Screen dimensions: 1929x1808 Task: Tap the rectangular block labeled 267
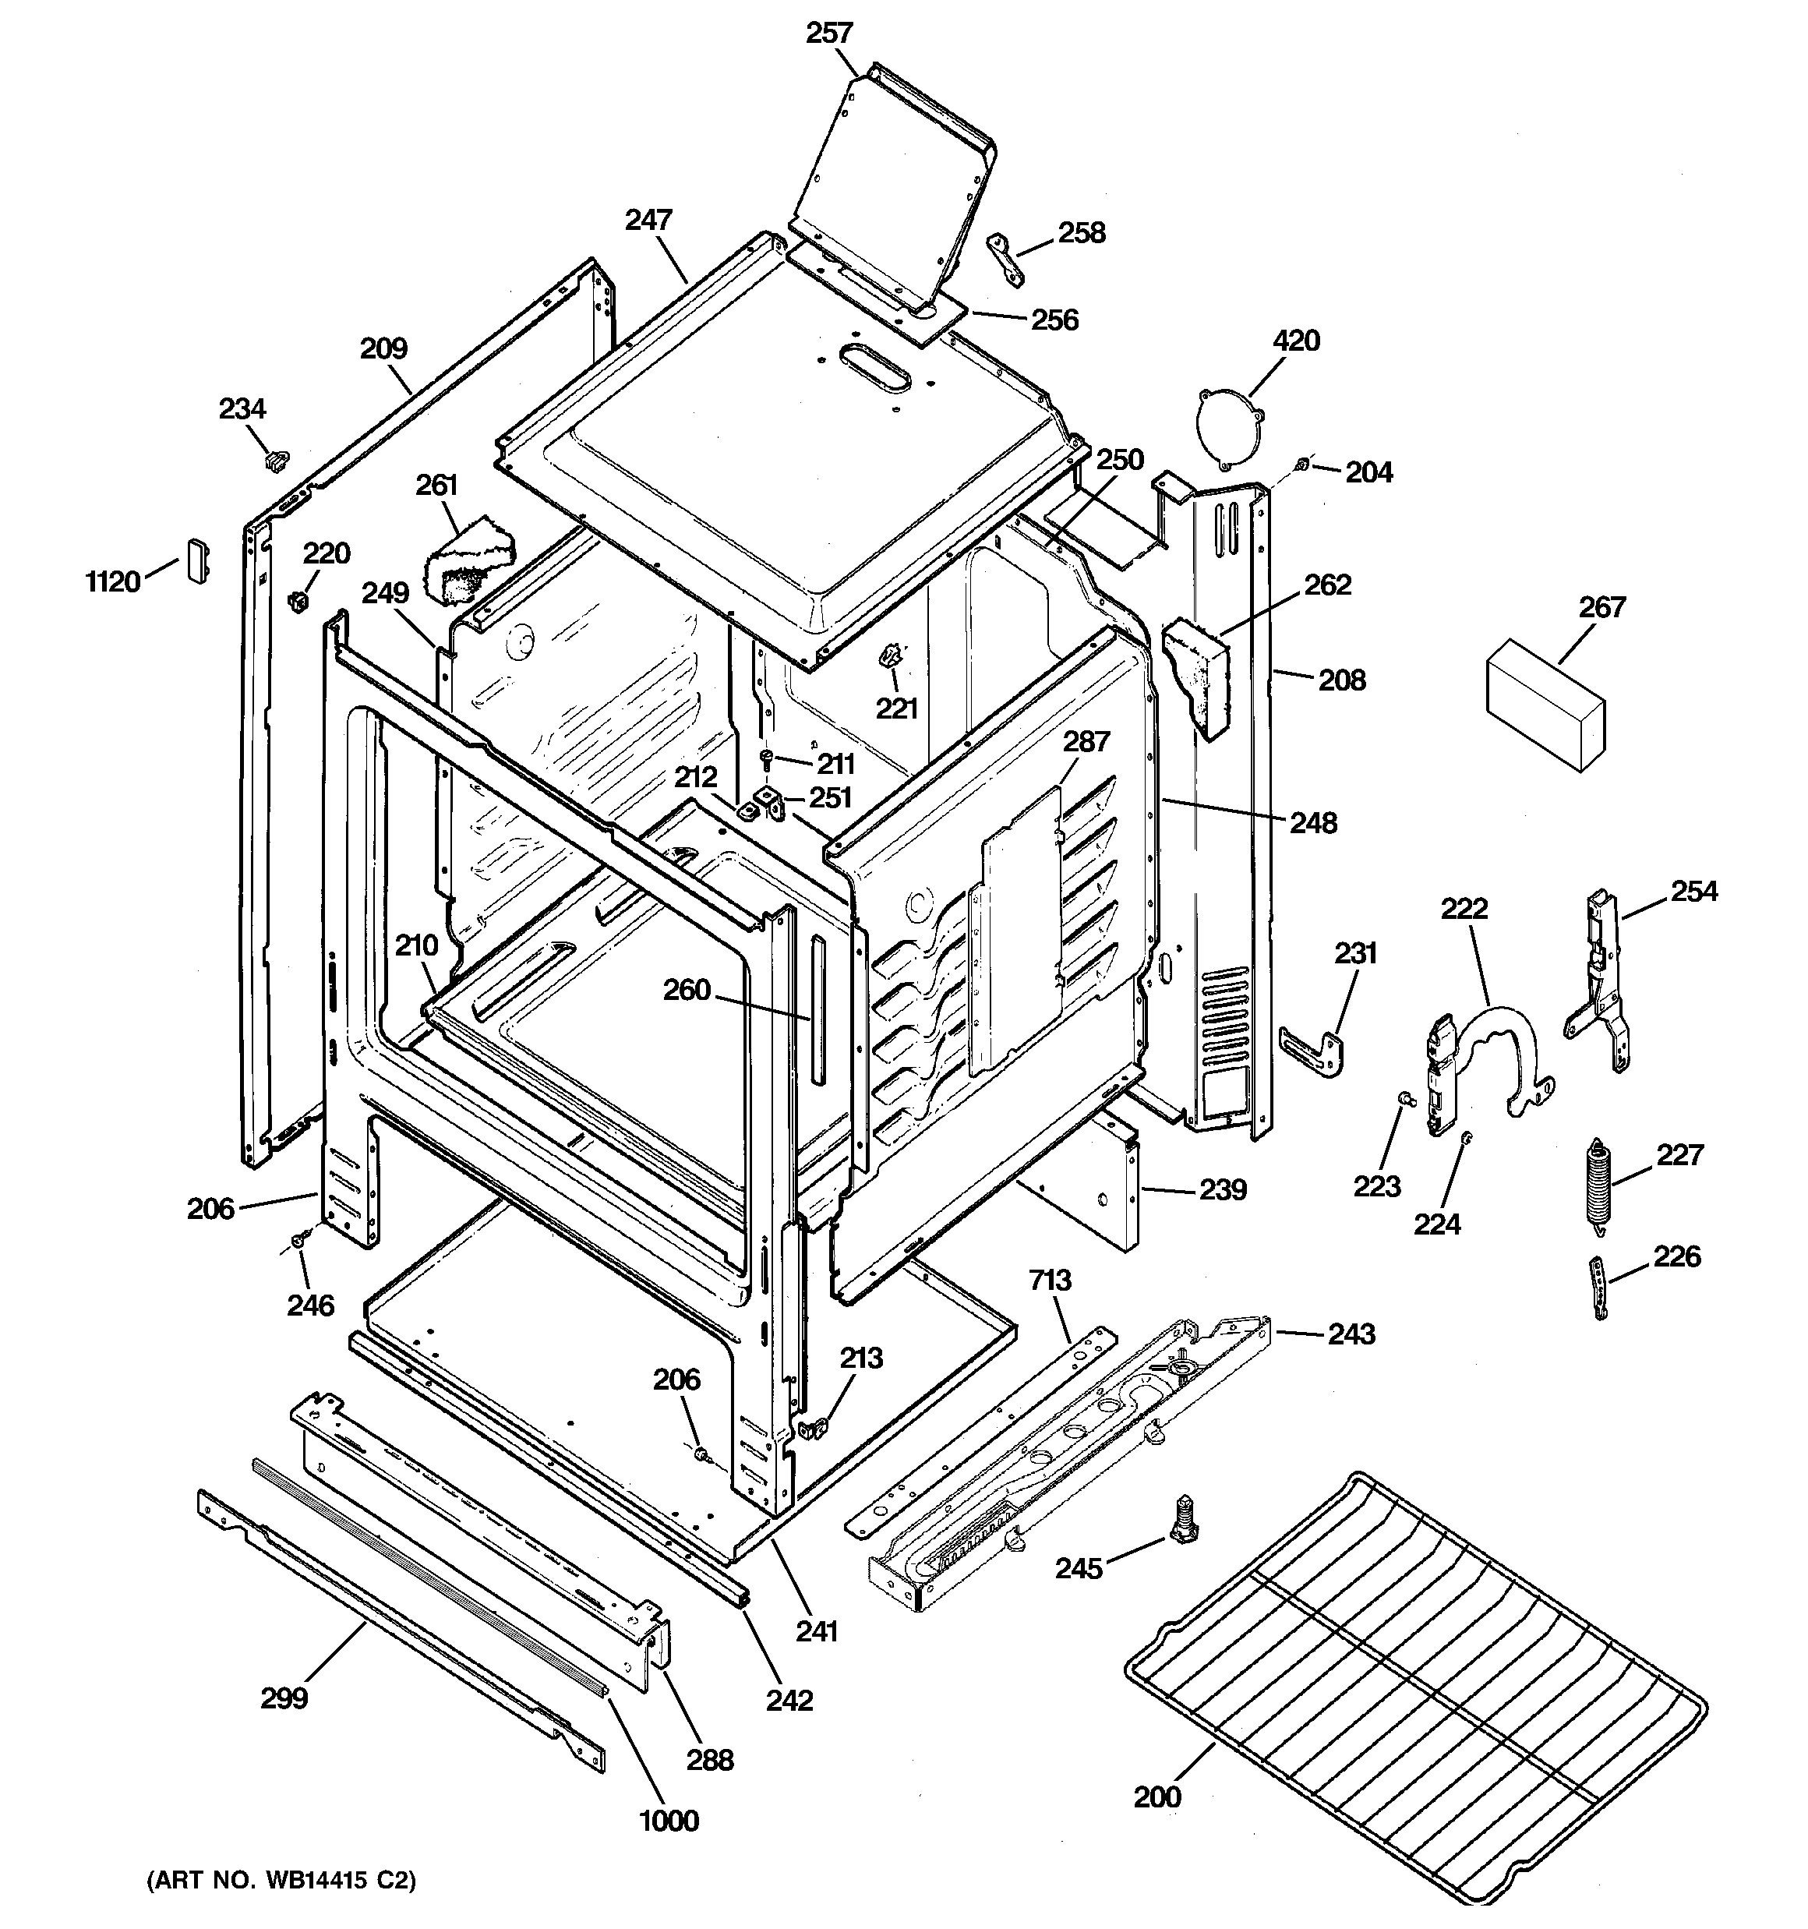point(1543,705)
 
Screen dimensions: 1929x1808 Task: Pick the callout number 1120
point(112,581)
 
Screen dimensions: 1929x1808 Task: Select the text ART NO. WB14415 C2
point(281,1881)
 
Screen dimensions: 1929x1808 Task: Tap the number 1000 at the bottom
point(669,1821)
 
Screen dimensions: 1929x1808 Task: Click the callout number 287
point(1085,741)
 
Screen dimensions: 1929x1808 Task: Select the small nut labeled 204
point(1303,466)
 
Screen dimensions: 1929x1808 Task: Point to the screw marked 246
point(302,1239)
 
